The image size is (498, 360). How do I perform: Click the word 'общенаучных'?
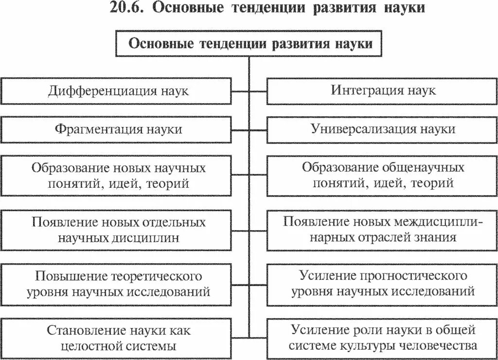tap(423, 168)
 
